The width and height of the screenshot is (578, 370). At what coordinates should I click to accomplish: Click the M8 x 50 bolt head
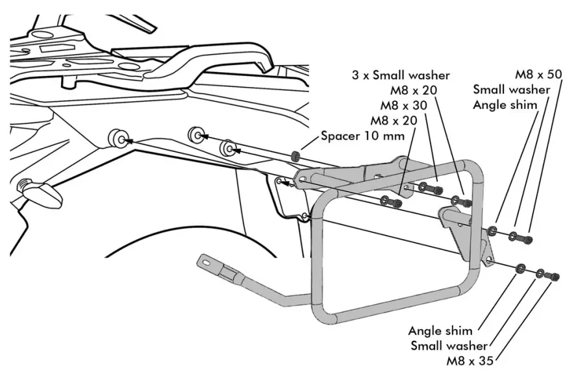[x=528, y=240]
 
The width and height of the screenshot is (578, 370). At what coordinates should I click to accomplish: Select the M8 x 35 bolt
[x=554, y=277]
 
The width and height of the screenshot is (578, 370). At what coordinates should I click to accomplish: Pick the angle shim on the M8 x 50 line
[x=493, y=230]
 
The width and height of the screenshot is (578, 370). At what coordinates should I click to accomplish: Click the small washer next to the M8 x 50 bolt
[x=513, y=236]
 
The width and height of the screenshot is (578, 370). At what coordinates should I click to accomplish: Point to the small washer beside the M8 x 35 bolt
[x=540, y=274]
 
